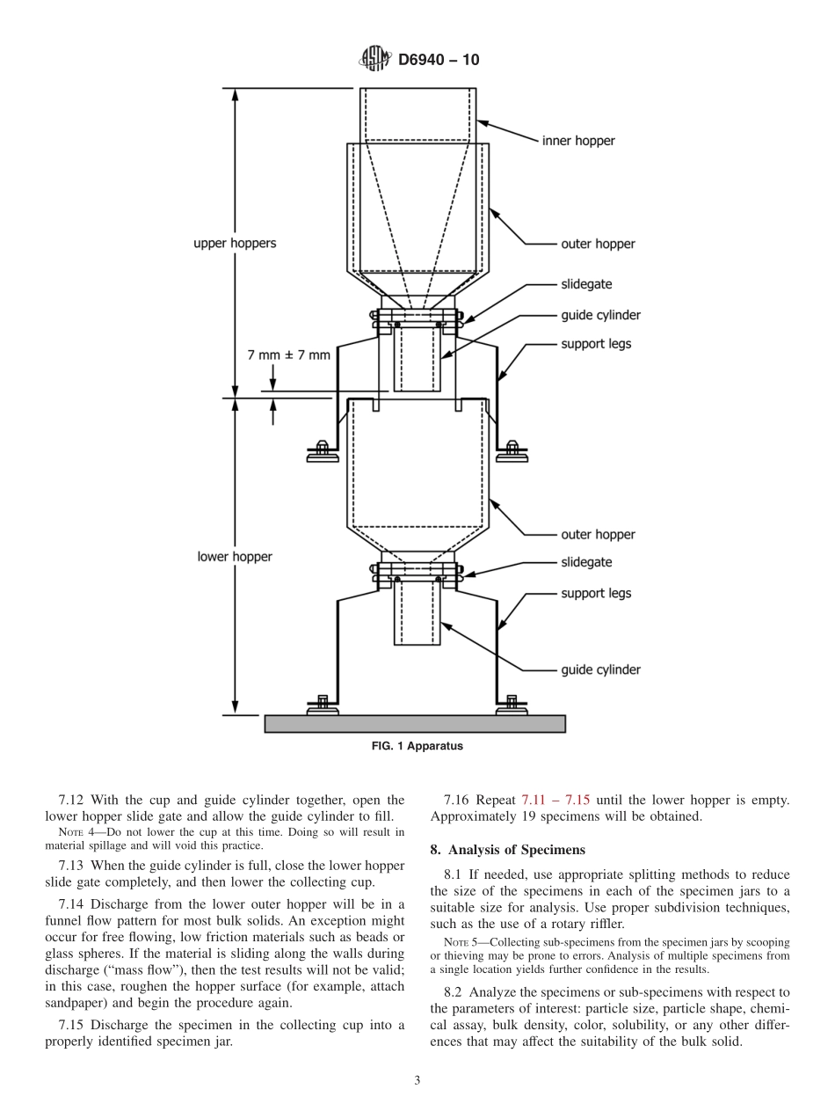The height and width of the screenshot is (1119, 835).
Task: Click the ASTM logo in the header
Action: pos(374,60)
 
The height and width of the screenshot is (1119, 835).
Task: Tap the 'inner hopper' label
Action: pos(577,141)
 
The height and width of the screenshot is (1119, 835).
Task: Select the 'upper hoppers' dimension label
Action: pos(235,244)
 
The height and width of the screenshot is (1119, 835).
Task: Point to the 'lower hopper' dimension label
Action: pos(235,557)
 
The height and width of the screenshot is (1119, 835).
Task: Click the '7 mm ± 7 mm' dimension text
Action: pos(289,355)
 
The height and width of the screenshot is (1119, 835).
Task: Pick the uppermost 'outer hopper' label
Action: pos(598,244)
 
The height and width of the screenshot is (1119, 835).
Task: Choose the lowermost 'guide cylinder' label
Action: pos(600,670)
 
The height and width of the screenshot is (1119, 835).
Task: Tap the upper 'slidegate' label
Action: pos(586,285)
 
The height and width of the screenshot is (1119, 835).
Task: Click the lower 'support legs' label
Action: pos(596,594)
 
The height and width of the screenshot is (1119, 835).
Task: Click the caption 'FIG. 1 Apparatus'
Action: pos(416,746)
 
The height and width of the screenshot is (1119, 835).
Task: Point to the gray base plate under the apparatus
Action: pos(415,724)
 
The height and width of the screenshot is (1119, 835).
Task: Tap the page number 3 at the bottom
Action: pos(417,1081)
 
